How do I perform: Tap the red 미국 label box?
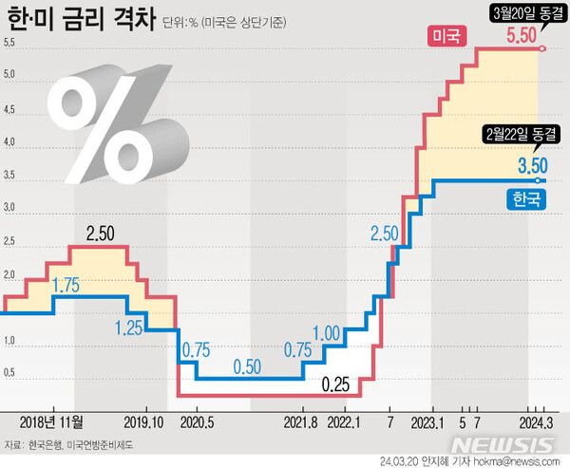tap(446, 37)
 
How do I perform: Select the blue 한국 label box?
tap(524, 199)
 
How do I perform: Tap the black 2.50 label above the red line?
tap(102, 234)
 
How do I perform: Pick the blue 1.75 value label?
tap(65, 284)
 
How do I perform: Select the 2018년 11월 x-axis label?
tap(53, 420)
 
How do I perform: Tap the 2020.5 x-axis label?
tap(198, 420)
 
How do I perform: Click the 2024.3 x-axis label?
tap(537, 420)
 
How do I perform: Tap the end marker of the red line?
tap(541, 47)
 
